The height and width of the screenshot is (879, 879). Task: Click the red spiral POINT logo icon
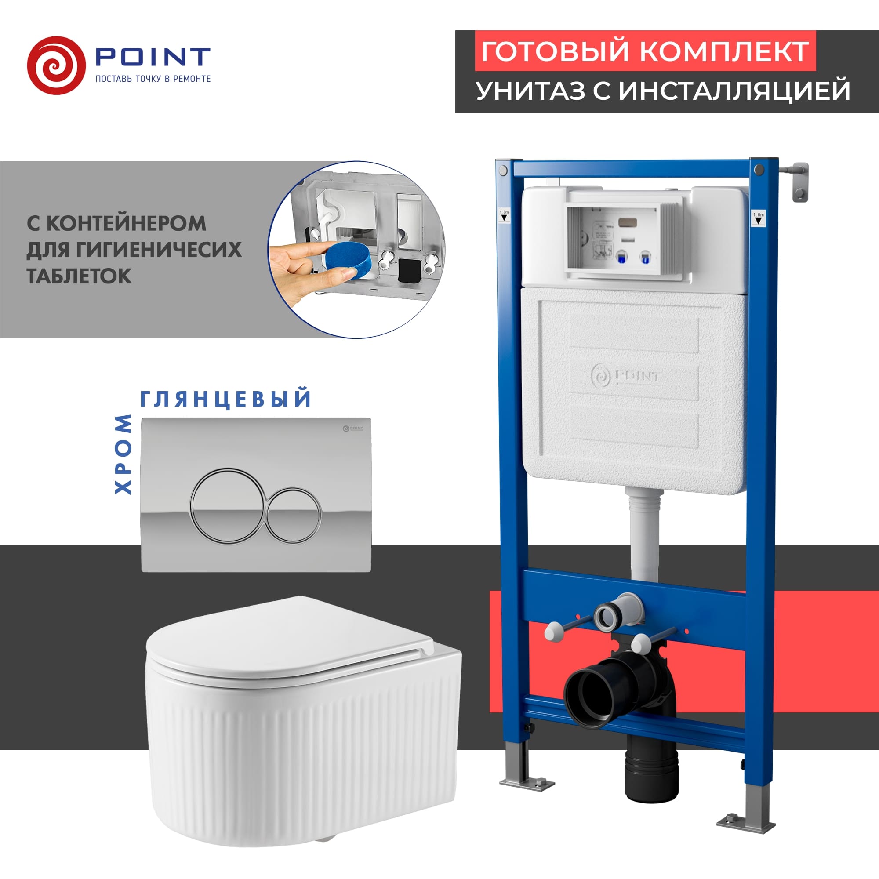coord(56,65)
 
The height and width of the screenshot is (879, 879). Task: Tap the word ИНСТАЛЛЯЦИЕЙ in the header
coord(734,90)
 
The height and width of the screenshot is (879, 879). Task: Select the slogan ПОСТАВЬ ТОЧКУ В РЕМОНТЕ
coord(153,79)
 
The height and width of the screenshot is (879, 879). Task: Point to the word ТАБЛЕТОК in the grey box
coord(79,276)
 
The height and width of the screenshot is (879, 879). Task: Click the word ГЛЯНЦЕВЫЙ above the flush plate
coord(225,399)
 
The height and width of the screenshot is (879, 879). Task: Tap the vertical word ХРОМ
coord(123,454)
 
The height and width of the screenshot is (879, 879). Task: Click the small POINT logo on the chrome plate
coord(352,428)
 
